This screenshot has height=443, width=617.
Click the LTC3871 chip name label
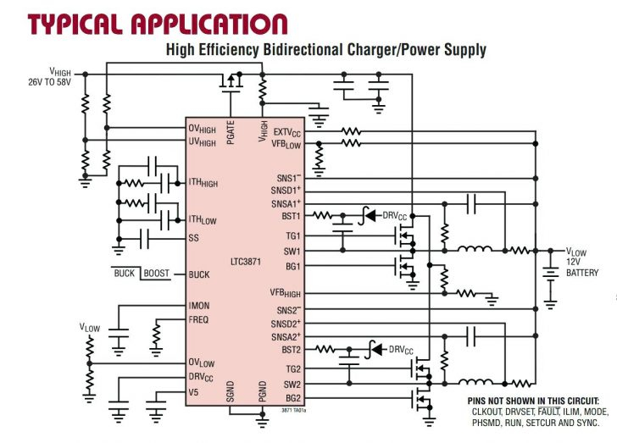point(246,262)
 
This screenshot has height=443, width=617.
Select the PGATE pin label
point(231,132)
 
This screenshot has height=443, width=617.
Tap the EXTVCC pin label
point(286,132)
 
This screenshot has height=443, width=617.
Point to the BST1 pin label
point(291,216)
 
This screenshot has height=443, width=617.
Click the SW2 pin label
point(292,385)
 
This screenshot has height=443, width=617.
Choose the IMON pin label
point(199,306)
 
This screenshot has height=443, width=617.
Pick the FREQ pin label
point(198,319)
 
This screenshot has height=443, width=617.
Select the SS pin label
point(193,238)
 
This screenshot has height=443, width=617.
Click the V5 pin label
point(193,392)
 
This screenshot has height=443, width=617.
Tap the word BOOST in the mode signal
point(156,273)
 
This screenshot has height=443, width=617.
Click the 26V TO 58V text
point(49,82)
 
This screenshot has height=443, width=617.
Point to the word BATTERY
point(582,273)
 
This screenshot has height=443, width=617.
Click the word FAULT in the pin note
point(548,412)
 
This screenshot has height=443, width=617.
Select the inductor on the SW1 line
point(475,248)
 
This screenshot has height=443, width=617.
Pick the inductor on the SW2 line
point(475,381)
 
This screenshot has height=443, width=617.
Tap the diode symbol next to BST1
point(368,216)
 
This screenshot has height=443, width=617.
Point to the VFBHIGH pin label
point(285,293)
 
